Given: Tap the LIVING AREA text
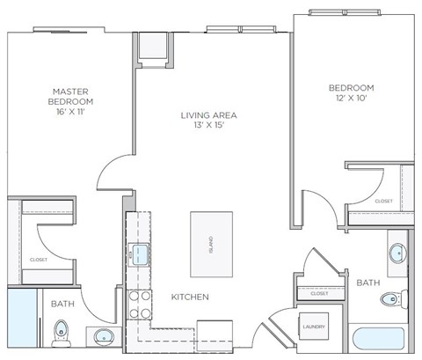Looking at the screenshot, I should tap(209, 114).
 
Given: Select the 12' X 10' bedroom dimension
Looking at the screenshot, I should tap(352, 99).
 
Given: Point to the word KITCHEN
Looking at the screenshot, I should tap(189, 298).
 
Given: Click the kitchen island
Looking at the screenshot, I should tap(212, 239).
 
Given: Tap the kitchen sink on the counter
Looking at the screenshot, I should tap(139, 254).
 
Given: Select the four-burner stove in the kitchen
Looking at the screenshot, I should tap(138, 304).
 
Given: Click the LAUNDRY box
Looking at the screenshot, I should tap(313, 327).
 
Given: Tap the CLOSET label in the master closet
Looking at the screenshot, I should tap(38, 261).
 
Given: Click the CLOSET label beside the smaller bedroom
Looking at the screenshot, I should tap(383, 201).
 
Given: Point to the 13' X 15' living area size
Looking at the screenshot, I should tap(209, 127).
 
